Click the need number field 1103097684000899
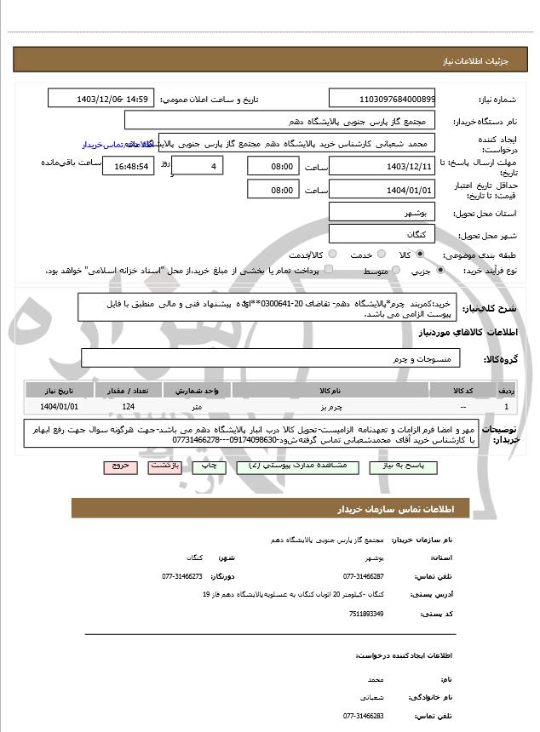382,99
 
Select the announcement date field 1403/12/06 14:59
101,99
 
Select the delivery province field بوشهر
382,212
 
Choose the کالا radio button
420,254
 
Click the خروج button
119,467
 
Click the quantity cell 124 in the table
128,408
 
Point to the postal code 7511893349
367,614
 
